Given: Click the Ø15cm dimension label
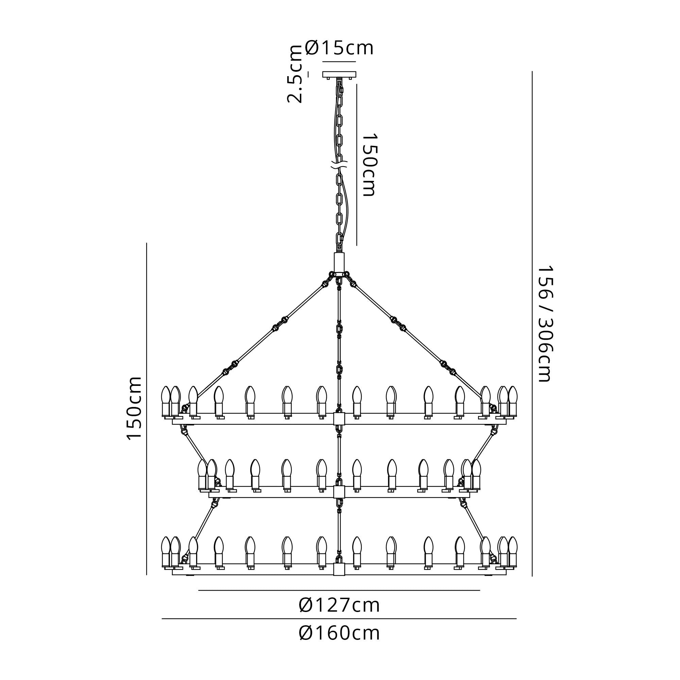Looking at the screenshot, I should (339, 48).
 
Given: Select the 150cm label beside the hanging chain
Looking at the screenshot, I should (369, 164).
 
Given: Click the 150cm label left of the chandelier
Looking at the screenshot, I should (134, 408).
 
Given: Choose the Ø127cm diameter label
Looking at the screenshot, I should (339, 606).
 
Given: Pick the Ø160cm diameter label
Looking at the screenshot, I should (339, 633).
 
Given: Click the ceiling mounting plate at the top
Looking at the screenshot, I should (339, 74).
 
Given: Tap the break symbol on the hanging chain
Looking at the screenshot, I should (339, 164).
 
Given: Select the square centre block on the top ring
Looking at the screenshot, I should (339, 419).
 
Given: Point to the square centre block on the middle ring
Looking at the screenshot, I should (339, 492).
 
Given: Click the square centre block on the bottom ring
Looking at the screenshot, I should (339, 569).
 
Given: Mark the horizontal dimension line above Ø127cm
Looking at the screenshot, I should (339, 591).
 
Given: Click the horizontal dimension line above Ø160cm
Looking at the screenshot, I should (339, 619).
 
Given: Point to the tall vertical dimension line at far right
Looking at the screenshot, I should (532, 323).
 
